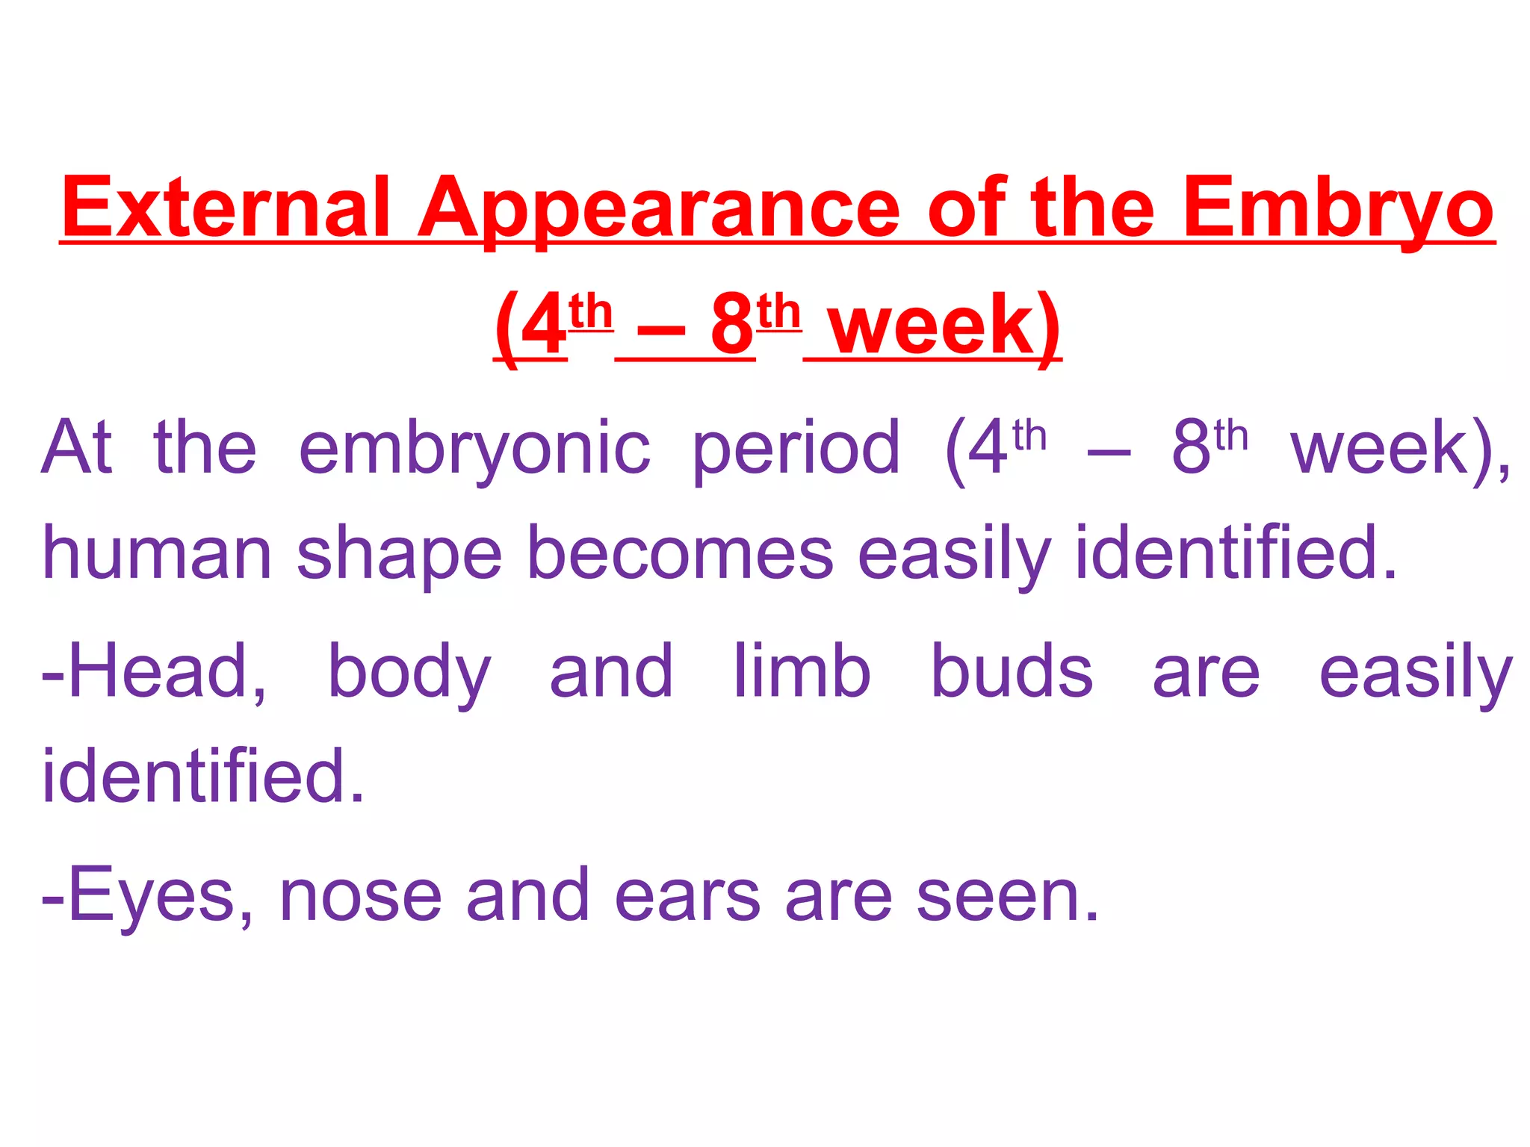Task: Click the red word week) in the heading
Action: pyautogui.click(x=944, y=326)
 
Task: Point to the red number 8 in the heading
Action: pyautogui.click(x=732, y=326)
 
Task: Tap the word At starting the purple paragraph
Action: pyautogui.click(x=78, y=448)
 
